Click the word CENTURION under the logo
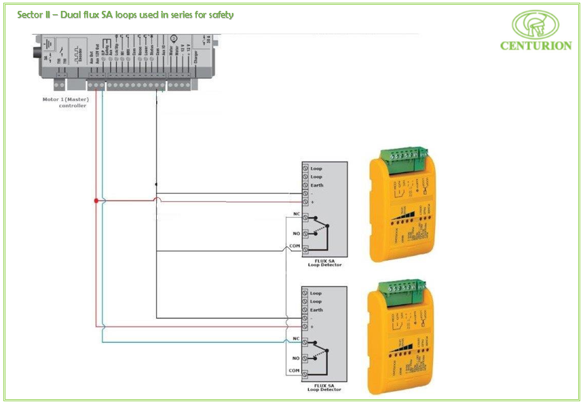(536, 46)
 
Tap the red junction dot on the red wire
(96, 201)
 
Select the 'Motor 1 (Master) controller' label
(65, 103)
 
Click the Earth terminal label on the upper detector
(317, 185)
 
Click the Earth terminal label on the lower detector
(317, 310)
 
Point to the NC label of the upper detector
(296, 214)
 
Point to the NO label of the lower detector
(296, 358)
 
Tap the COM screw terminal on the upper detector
(305, 251)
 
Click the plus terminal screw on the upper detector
(305, 202)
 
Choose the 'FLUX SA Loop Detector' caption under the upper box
(324, 263)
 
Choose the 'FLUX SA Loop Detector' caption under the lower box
(324, 388)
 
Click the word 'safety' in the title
(219, 14)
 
